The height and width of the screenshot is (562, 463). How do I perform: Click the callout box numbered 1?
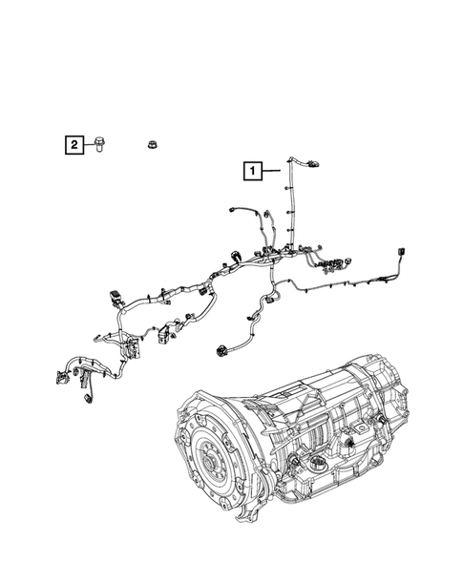coord(253,172)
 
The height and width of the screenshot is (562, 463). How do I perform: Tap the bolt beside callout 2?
coord(99,145)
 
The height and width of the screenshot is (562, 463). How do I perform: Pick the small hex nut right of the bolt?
coord(151,144)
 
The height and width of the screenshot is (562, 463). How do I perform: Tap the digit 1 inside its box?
coord(253,172)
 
